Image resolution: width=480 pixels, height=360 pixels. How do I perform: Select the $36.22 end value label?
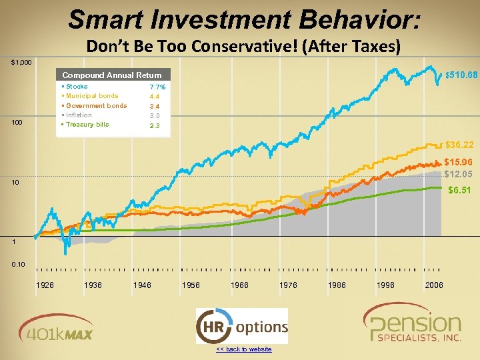coord(459,145)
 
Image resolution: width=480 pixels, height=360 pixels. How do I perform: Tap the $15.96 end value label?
coord(459,162)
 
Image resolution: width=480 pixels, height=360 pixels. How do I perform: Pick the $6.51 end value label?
coord(459,190)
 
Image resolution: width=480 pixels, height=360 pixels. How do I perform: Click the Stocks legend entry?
coord(76,87)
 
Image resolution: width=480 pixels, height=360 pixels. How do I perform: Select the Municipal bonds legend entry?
coord(91,96)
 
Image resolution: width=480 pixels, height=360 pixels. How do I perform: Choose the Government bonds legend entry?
coord(95,106)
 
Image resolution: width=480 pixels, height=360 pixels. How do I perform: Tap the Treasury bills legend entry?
coord(87,125)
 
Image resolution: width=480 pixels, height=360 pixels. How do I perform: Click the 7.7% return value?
coord(158,87)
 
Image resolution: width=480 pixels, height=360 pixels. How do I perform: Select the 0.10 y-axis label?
coord(18,265)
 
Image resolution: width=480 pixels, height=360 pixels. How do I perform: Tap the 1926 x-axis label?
coord(45,285)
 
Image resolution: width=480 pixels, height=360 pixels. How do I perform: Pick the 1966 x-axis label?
coord(239,285)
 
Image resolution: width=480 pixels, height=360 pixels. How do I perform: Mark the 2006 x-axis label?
coord(434,285)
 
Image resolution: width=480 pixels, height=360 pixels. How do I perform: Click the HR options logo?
coord(241,327)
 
